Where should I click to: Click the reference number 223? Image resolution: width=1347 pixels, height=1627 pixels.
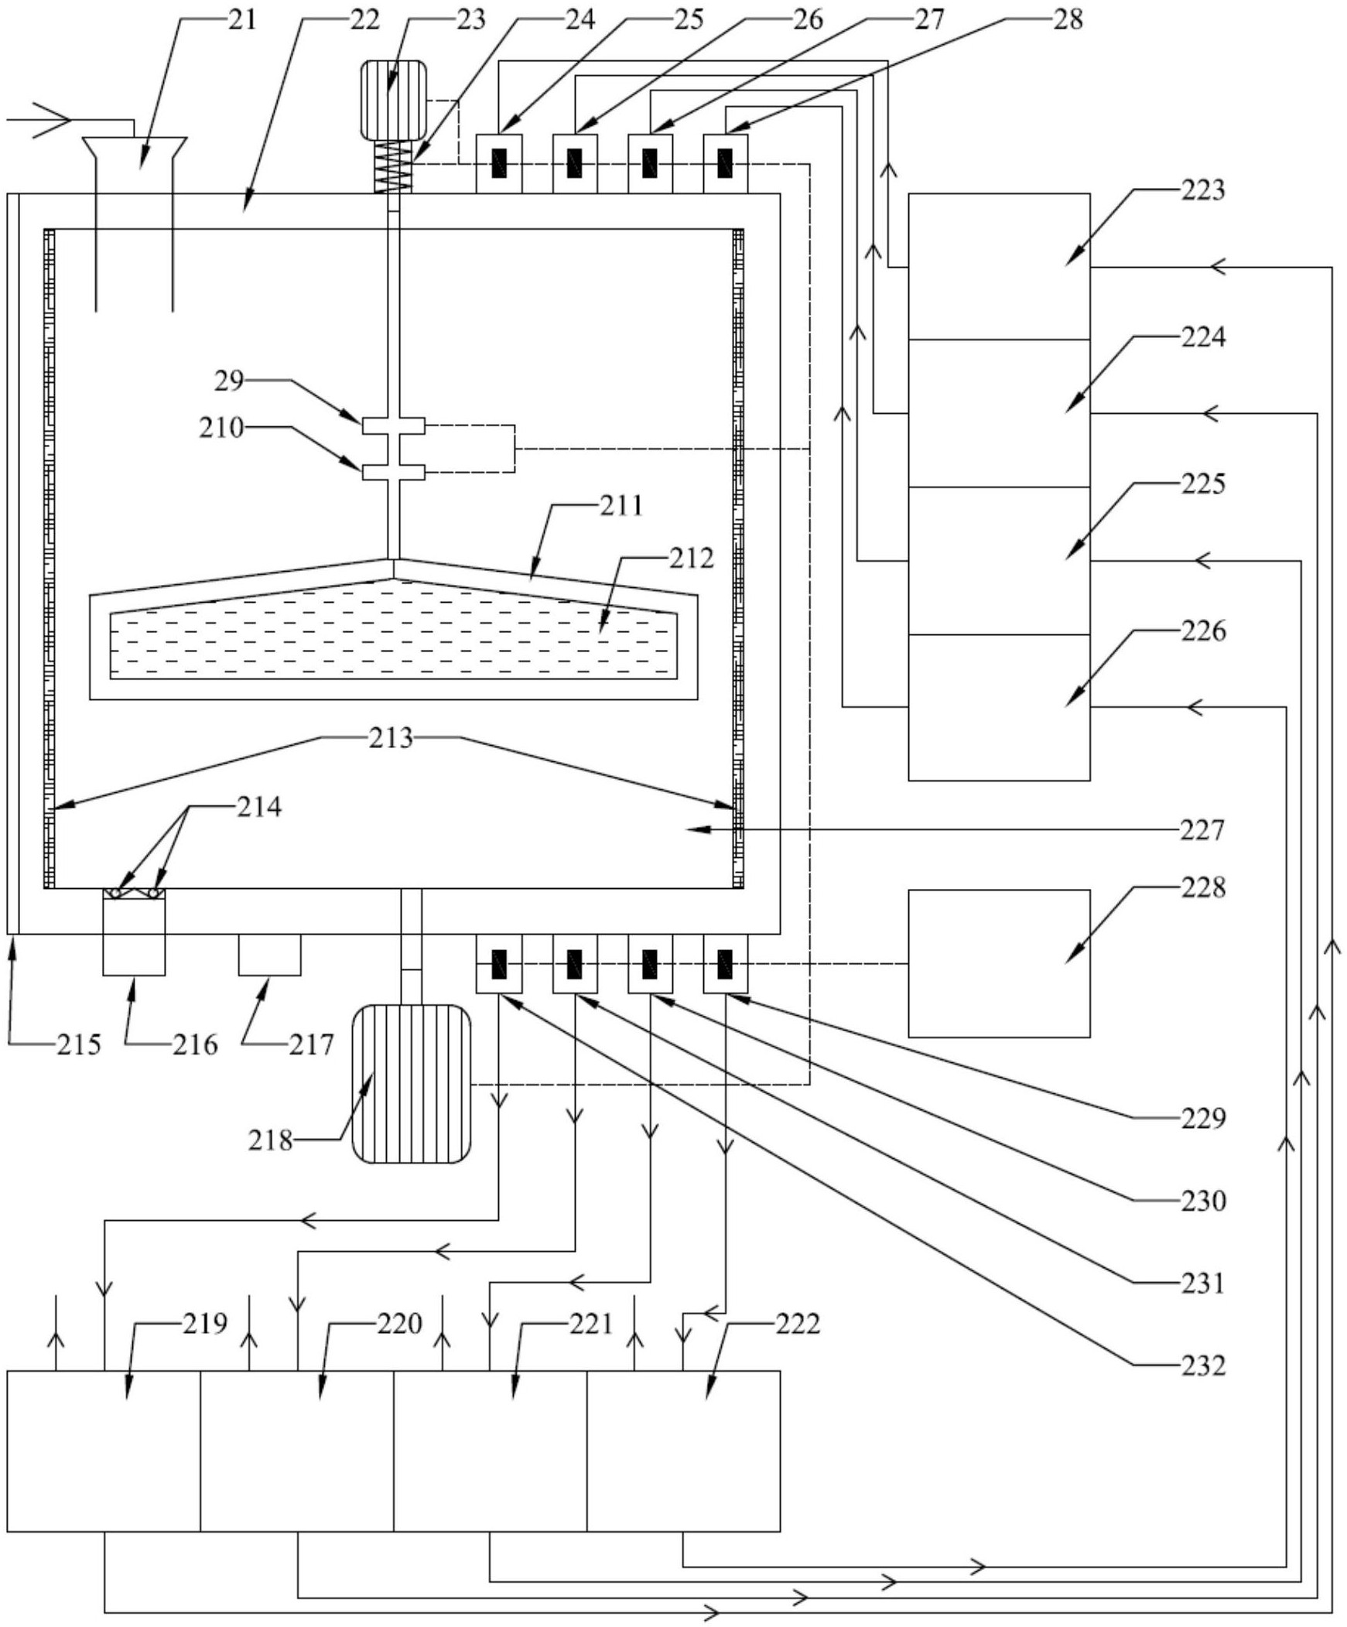tap(1202, 190)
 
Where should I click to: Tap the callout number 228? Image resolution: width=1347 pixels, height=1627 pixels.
tap(1203, 887)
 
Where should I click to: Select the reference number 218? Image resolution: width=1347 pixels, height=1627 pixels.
tap(270, 1140)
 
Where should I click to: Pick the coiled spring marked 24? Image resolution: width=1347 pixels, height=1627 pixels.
tap(394, 166)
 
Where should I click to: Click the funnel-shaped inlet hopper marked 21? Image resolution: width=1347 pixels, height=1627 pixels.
tap(134, 224)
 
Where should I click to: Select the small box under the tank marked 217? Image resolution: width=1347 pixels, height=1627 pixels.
tap(269, 955)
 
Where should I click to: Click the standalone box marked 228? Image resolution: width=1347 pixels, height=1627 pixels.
tap(999, 963)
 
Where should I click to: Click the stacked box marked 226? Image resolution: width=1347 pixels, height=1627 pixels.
tap(999, 707)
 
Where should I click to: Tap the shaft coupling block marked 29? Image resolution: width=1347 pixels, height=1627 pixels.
tap(394, 426)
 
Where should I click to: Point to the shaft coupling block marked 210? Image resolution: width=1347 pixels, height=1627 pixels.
tap(394, 472)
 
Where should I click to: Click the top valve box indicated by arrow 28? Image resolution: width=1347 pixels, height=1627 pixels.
tap(726, 163)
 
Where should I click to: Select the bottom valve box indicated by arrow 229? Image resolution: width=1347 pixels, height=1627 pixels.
tap(726, 964)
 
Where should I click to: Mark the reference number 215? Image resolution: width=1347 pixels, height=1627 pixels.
tap(79, 1045)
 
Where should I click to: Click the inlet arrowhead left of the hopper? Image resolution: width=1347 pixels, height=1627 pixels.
tap(51, 120)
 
